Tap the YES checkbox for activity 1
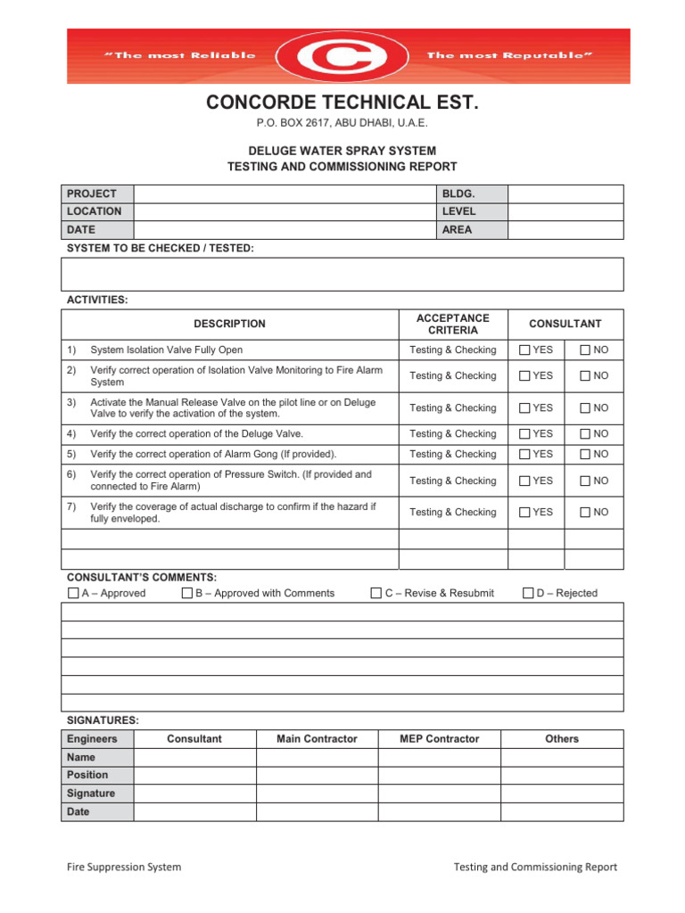[x=525, y=350]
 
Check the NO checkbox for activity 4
[x=585, y=434]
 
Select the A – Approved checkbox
[x=73, y=594]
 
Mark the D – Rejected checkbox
[x=528, y=594]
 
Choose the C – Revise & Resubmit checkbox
[x=376, y=594]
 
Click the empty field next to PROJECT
[x=284, y=193]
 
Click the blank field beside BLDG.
[x=565, y=193]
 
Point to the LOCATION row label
[x=94, y=211]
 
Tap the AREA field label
[x=457, y=230]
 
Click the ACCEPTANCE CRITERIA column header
[x=453, y=325]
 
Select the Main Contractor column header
[x=317, y=739]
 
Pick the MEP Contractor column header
[x=440, y=739]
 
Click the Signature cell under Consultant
[x=194, y=794]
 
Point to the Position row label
[x=87, y=776]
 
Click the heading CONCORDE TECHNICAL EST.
[x=342, y=103]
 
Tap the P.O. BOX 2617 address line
[x=342, y=123]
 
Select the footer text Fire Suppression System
[x=124, y=867]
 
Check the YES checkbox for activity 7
[x=525, y=513]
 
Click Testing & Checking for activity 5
[x=453, y=455]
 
